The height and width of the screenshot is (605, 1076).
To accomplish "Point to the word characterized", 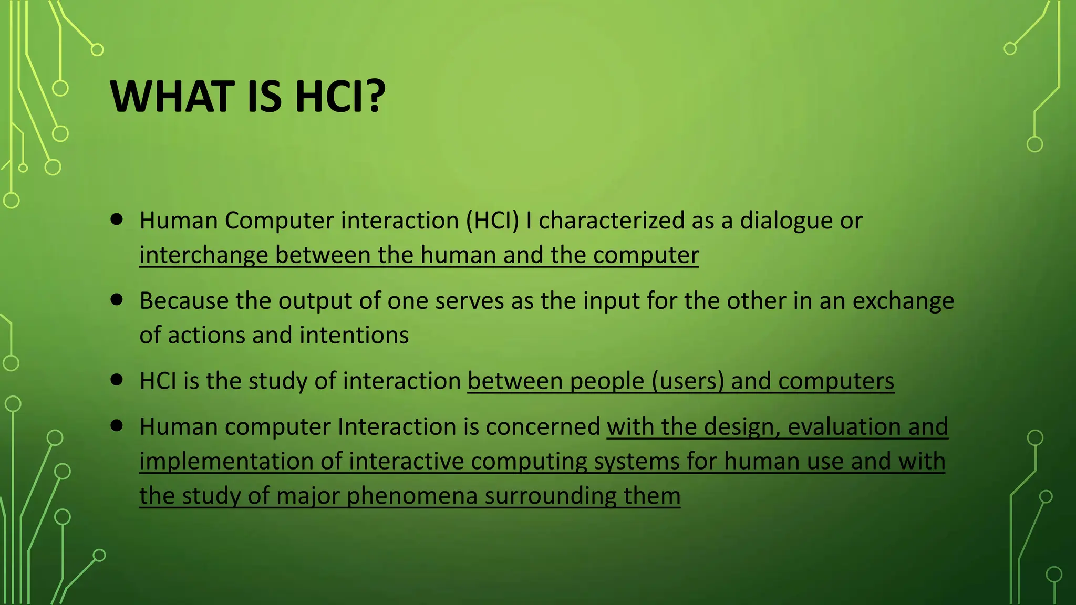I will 612,221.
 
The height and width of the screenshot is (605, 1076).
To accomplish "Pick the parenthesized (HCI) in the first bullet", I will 492,221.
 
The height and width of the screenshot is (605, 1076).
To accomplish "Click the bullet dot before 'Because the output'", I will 117,300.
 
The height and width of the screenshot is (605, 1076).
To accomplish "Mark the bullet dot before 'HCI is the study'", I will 117,380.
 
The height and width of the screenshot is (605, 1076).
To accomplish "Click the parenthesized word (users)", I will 688,381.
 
